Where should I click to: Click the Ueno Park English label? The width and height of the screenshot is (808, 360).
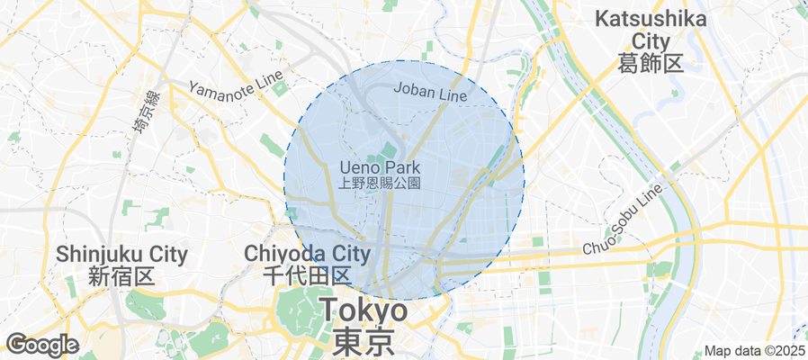point(380,167)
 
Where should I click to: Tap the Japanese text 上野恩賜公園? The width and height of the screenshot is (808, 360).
point(380,183)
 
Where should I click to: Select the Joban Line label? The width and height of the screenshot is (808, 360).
point(431,93)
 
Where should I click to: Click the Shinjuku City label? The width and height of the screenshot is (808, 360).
point(121,255)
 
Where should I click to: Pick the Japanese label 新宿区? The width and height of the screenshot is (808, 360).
point(122,277)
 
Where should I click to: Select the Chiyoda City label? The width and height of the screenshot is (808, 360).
point(308,254)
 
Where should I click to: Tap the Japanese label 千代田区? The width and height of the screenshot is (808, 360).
point(307,276)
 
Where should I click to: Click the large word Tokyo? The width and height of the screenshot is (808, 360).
point(364,311)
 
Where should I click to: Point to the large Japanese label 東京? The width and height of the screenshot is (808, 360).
point(364,343)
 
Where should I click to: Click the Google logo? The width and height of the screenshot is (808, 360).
point(42,345)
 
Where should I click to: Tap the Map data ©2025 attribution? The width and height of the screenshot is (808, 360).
point(754,351)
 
